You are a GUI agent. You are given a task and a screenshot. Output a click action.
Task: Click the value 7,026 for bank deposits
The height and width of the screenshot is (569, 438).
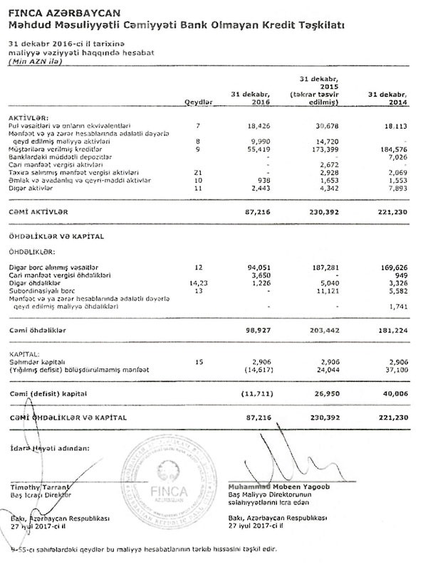pyautogui.click(x=395, y=158)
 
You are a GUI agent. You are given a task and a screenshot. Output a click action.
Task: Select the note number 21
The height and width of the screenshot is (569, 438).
pyautogui.click(x=198, y=172)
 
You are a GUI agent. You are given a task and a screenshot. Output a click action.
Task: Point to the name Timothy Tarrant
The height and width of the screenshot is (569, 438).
pyautogui.click(x=36, y=484)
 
